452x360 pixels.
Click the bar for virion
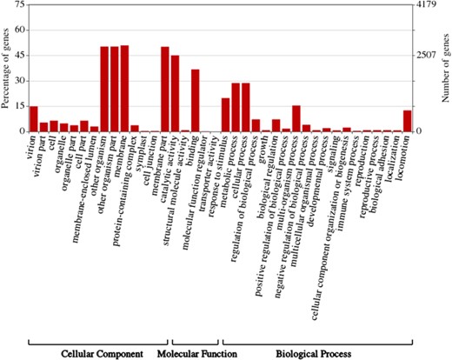(x=34, y=119)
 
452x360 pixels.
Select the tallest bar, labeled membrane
(x=124, y=89)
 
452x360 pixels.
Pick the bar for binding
(x=195, y=101)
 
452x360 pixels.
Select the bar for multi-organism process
(x=296, y=118)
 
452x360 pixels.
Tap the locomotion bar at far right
(x=407, y=121)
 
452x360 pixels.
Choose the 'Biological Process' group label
(x=313, y=353)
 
